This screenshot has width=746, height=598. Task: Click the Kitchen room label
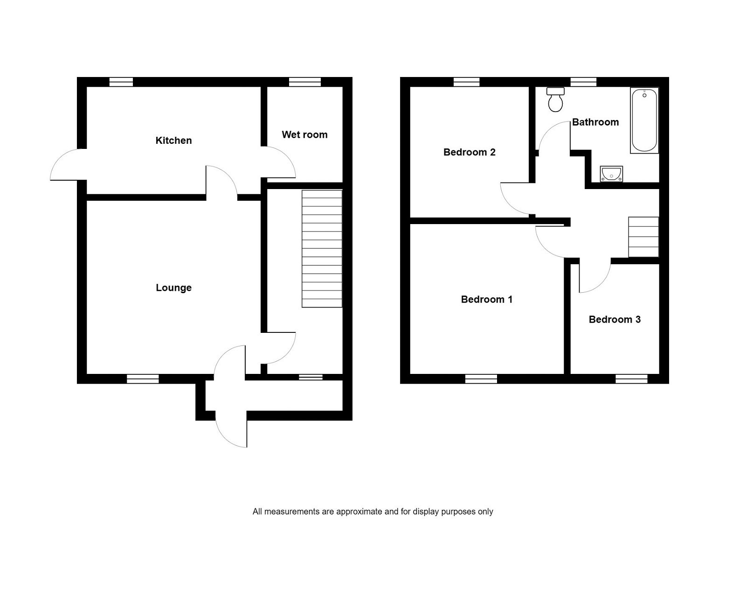pos(173,141)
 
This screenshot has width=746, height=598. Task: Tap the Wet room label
pos(304,135)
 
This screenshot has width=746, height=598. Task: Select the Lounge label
pos(173,288)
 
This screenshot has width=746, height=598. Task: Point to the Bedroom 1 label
pos(486,300)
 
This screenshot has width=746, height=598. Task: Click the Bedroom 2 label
pos(469,152)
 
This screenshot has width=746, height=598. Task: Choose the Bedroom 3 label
pos(615,320)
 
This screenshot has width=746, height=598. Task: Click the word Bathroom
pos(595,122)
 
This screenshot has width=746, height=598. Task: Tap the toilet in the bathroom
pos(555,100)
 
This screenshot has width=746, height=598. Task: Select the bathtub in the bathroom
pos(644,120)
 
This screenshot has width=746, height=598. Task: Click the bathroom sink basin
pos(611,174)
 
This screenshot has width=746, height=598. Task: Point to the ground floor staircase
pos(322,248)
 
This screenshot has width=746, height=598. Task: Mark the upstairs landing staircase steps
pos(643,237)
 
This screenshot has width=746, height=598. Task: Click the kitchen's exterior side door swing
pos(68,166)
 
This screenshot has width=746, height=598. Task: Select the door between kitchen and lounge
pos(222,182)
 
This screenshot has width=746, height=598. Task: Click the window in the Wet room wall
pos(304,82)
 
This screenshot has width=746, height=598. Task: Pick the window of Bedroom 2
pos(467,82)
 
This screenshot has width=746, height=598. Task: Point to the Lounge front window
pos(143,379)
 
